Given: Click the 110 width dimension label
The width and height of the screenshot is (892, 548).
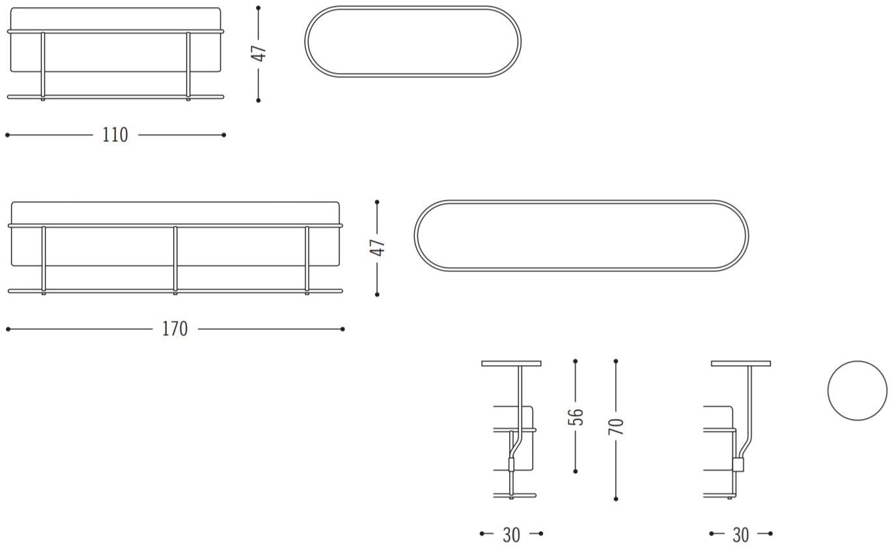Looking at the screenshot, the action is pos(115,135).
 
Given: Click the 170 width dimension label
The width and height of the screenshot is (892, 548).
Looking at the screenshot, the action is pos(174,329).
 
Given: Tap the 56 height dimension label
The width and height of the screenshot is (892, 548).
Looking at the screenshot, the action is pos(576,417).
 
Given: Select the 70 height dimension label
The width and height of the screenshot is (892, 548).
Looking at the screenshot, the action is pos(616,426).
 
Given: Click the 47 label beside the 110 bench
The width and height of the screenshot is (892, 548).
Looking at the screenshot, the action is pos(258,53).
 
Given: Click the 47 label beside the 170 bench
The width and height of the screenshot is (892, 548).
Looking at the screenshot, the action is pos(377,247).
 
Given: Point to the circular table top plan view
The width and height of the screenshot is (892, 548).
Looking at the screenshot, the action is pos(857,361).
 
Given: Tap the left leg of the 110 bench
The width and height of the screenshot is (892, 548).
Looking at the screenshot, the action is pos(43,66).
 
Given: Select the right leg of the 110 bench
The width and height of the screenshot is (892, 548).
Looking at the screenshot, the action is pos(188,66).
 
